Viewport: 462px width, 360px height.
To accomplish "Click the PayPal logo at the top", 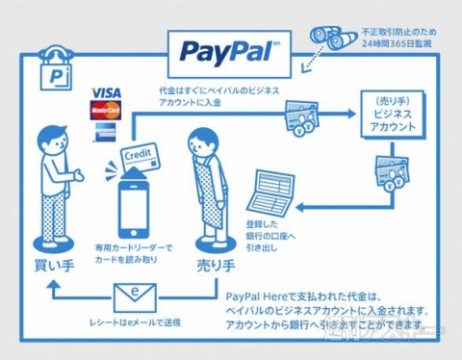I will [x=224, y=48].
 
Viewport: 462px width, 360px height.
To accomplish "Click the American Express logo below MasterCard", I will [x=104, y=132].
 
